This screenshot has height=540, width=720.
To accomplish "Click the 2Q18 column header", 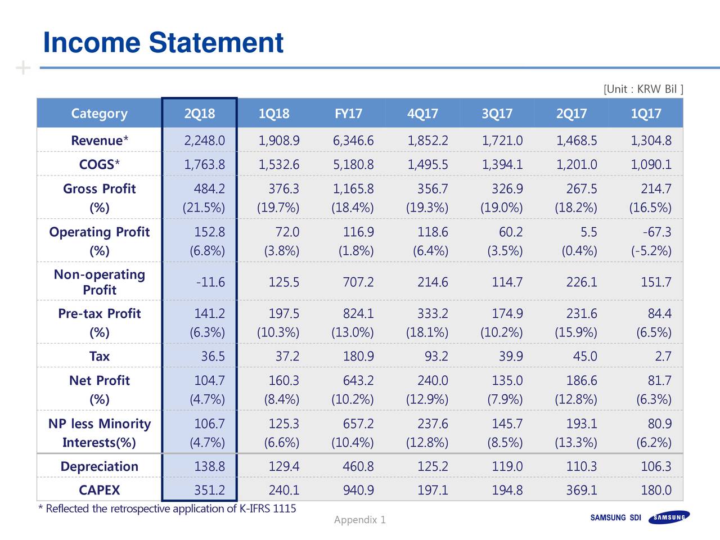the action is (200, 114).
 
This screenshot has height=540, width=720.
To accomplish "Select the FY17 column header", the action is (348, 114).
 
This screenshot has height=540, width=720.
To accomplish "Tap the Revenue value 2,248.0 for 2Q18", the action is (205, 141).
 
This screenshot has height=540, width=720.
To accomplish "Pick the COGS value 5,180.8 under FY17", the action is (353, 164).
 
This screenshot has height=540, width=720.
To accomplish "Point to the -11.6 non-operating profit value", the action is (210, 282).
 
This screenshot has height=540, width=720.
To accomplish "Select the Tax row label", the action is (100, 356).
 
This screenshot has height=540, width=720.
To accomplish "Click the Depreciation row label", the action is (100, 466).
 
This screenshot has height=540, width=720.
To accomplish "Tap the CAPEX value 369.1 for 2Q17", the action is (582, 490).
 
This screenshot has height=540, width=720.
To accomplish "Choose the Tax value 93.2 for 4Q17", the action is (436, 356).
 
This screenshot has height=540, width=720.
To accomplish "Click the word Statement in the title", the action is (216, 42).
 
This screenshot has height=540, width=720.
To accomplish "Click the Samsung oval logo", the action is (669, 517).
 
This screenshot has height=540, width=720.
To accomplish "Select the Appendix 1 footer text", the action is (360, 520).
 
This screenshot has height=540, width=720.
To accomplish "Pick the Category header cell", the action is (100, 114).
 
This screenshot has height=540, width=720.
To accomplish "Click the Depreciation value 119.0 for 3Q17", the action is (507, 466).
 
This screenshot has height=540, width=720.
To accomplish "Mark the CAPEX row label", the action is (100, 490).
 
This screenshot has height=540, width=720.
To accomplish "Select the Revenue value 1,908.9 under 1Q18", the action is (279, 141).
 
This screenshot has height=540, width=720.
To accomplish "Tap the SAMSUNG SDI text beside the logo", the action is (616, 517).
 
